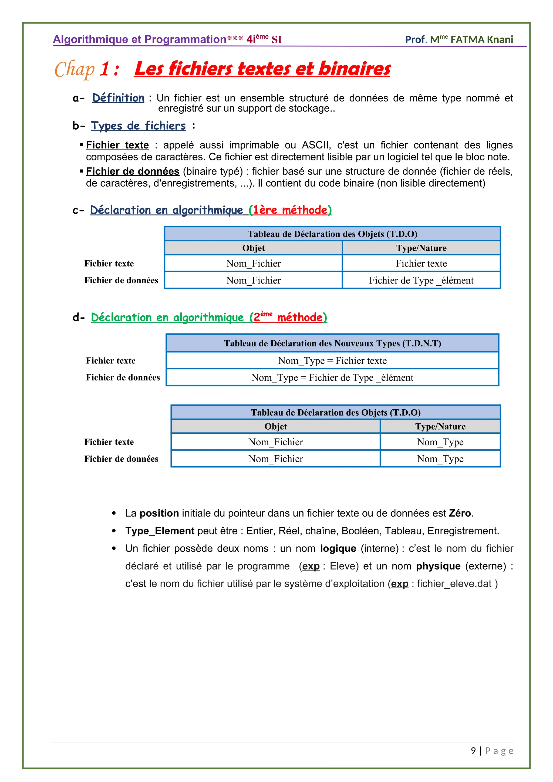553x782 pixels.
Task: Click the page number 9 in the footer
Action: pos(473,751)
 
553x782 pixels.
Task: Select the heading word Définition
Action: pos(118,98)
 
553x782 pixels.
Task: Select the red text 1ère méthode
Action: pos(290,210)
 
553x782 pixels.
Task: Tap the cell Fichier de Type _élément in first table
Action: pos(421,280)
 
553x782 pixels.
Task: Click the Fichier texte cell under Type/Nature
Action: pos(421,263)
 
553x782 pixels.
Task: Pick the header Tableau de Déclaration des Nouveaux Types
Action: pos(332,343)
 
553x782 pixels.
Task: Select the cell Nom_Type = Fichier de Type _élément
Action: pos(332,377)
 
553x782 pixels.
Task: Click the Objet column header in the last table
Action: pos(275,426)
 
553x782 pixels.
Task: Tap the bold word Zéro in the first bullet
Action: pos(460,513)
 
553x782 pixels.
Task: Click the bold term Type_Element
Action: pos(160,531)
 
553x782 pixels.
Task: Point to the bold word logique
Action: pos(338,549)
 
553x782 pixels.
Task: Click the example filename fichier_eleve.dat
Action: pos(454,584)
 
